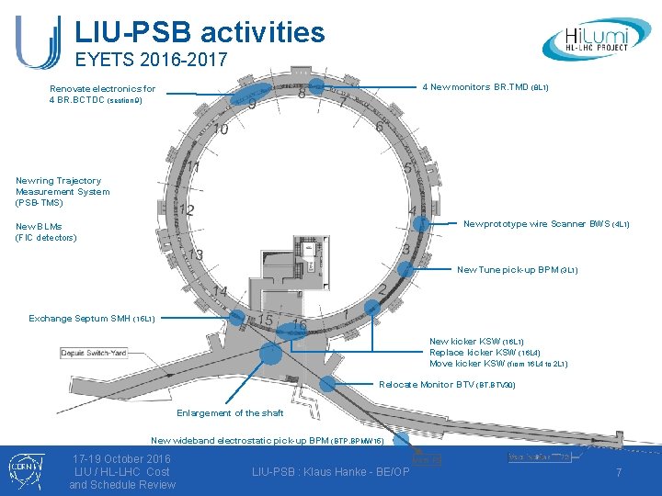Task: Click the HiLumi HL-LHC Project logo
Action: coord(599,39)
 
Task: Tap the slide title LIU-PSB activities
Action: coord(200,32)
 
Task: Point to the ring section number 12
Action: coord(187,211)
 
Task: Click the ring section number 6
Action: coord(379,128)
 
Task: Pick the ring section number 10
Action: coord(221,131)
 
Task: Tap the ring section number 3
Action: coord(405,249)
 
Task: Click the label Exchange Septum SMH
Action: coord(92,319)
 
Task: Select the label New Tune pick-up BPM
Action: coord(517,270)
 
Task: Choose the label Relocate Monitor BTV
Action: coord(446,385)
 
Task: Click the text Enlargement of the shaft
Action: coord(230,413)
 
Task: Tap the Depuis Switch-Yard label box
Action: coord(97,353)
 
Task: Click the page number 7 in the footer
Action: coord(619,471)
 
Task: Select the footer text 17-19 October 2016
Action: coord(121,458)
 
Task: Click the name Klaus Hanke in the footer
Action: coord(343,472)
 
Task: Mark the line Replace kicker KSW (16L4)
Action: coord(485,353)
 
